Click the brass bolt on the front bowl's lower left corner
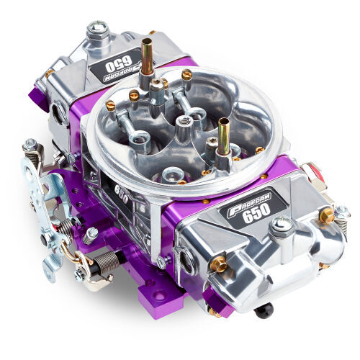217,265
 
